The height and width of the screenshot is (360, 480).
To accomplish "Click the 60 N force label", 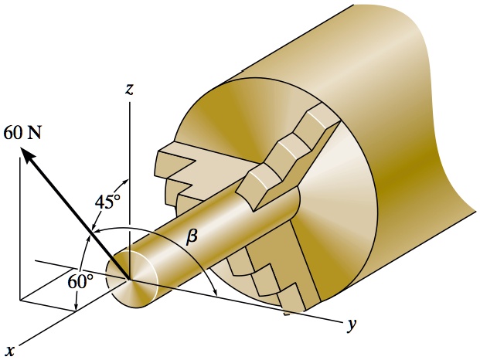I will [22, 133].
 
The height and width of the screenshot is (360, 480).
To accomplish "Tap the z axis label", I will [129, 89].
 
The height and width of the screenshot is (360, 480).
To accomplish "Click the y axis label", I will [352, 324].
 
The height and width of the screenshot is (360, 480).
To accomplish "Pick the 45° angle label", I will [107, 202].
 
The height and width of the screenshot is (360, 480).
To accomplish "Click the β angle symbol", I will [192, 238].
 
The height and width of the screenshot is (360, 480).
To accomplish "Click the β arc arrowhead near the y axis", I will [214, 293].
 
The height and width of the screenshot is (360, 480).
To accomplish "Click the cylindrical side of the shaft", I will [216, 232].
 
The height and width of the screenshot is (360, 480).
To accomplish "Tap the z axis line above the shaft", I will [130, 155].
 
